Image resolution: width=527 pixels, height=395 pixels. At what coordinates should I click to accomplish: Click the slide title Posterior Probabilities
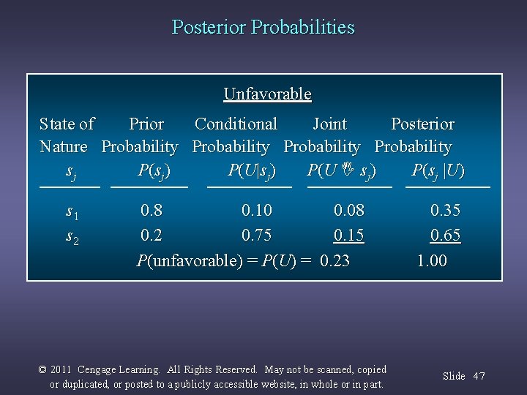tap(263, 28)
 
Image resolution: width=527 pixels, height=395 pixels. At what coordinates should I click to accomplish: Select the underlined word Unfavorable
tap(267, 94)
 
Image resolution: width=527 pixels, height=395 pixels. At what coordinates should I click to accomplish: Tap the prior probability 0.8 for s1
tap(152, 211)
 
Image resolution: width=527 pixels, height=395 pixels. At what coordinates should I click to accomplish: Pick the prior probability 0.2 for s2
tap(152, 236)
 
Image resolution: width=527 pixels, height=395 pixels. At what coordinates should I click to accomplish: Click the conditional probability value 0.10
tap(257, 211)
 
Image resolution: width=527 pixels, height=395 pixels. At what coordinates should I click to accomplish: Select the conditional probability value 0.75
tap(257, 236)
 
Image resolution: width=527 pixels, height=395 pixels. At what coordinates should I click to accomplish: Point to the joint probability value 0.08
tap(348, 211)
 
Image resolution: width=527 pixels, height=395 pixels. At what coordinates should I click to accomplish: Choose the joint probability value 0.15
tap(348, 236)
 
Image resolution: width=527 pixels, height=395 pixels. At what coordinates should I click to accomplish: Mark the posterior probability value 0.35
tap(445, 211)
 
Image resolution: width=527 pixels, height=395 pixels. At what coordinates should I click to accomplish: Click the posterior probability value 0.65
tap(445, 236)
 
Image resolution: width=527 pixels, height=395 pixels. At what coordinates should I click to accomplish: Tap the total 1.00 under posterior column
tap(432, 261)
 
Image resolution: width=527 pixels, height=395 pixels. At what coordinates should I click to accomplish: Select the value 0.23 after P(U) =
tap(335, 261)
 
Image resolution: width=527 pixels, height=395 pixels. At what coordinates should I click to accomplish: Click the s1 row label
tap(72, 212)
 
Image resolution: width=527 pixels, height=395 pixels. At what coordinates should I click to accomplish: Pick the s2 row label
tap(72, 238)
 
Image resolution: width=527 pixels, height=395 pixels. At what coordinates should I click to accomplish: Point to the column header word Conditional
tap(236, 124)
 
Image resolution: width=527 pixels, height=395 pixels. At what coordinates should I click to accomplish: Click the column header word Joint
tap(329, 124)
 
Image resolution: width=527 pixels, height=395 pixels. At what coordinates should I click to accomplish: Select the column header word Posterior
tap(422, 124)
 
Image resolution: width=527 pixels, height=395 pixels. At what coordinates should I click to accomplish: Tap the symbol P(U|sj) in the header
tap(252, 171)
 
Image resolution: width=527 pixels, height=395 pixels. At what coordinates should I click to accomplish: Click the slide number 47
tap(479, 376)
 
